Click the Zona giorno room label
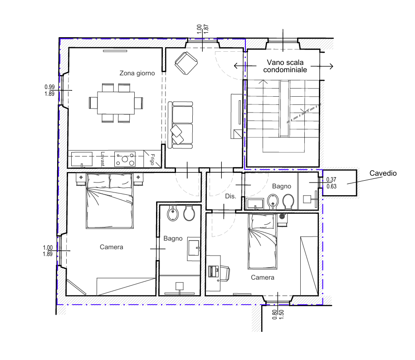pos(137,73)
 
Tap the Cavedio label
pos(383,173)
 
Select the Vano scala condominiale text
pos(285,66)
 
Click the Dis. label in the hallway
pos(230,196)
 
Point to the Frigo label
pos(152,159)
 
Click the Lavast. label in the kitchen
pos(103,159)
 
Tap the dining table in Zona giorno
pos(116,103)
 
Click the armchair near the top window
pos(186,63)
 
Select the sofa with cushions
pos(180,125)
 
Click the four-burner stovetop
pos(125,159)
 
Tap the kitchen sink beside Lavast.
pos(82,159)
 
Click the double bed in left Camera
pos(110,201)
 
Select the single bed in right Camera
pos(262,242)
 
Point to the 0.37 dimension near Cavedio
pos(331,180)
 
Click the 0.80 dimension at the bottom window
pos(275,315)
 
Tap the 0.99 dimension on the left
pos(49,87)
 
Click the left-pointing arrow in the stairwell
pos(245,66)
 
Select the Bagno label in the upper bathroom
pos(281,186)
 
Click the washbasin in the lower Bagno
pos(194,249)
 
